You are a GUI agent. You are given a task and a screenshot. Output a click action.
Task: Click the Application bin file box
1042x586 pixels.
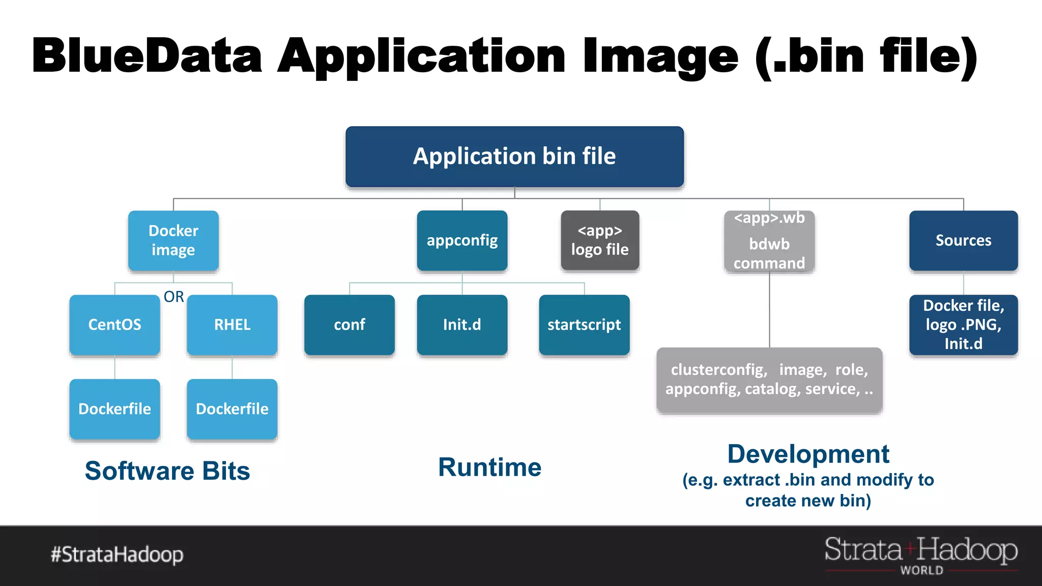(x=514, y=157)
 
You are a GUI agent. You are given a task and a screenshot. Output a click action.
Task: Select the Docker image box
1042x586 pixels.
(x=173, y=240)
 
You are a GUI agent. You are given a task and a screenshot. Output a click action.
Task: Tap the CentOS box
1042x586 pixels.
(x=115, y=325)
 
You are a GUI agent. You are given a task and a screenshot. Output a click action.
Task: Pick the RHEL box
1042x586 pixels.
(x=232, y=325)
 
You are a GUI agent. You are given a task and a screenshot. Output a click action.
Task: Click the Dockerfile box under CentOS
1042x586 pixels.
(x=115, y=409)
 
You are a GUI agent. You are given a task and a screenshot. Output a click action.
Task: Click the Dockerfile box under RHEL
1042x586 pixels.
(x=232, y=409)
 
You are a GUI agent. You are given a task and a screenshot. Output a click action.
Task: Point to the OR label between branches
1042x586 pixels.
(x=173, y=297)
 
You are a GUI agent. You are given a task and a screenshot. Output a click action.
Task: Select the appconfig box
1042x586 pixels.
(x=462, y=240)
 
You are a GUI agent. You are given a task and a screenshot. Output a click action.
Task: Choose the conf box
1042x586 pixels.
(x=350, y=325)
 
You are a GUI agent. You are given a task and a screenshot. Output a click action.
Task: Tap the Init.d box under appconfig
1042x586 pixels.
(x=462, y=325)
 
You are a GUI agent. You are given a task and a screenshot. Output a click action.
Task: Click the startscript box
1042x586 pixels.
(x=584, y=325)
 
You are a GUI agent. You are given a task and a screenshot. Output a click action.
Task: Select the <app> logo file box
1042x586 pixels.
(x=600, y=240)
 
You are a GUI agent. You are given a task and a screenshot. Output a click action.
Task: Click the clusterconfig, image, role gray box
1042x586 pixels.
(x=769, y=379)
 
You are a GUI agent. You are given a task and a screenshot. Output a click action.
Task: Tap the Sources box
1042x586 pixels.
(x=964, y=240)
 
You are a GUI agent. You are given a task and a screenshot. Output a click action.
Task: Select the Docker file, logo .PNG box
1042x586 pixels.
(x=964, y=325)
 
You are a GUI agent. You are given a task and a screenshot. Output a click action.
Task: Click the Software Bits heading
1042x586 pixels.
(x=167, y=471)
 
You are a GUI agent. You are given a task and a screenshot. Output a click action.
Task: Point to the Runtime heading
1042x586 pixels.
(x=489, y=467)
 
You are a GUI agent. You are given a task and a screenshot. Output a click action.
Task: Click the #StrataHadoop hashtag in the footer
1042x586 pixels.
(x=117, y=554)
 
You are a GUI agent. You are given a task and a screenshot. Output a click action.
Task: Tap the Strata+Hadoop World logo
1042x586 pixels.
(x=921, y=554)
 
